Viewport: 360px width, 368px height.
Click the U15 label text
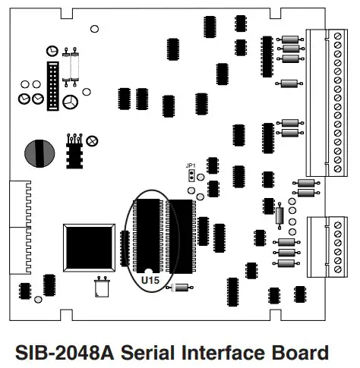click(x=150, y=280)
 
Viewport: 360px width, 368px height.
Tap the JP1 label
click(x=191, y=166)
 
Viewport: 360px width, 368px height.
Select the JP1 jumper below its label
click(x=191, y=176)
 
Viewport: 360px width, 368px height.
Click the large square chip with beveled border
click(x=89, y=248)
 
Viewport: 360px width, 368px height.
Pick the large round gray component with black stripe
click(x=39, y=153)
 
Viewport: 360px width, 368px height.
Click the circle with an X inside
click(x=92, y=141)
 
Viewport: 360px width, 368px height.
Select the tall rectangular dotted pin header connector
click(x=53, y=86)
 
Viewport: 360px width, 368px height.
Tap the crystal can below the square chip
click(x=102, y=287)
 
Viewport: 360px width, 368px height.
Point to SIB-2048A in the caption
click(x=65, y=352)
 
